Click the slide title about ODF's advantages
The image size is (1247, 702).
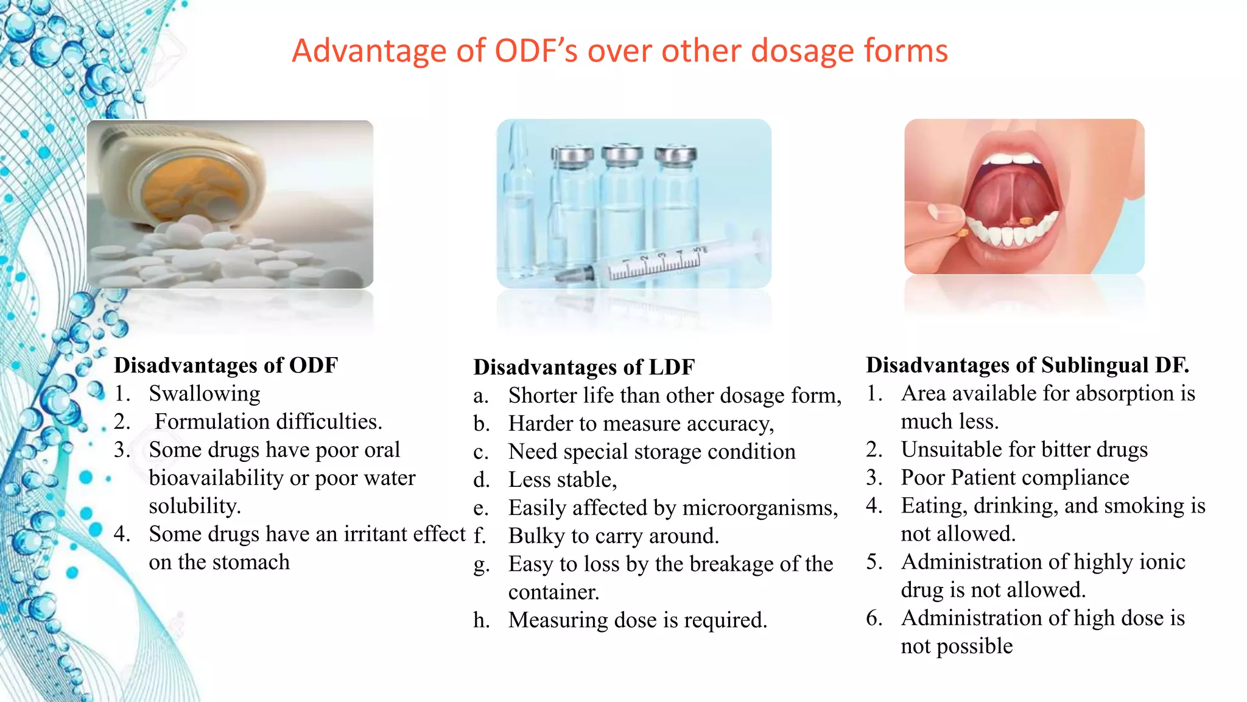click(619, 51)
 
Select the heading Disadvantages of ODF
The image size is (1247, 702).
click(225, 365)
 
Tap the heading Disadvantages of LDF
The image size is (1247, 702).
click(583, 367)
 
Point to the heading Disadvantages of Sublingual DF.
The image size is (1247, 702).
click(1027, 365)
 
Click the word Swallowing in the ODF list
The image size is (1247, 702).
click(205, 394)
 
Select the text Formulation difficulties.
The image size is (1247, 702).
click(268, 422)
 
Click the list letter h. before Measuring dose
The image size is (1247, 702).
click(481, 620)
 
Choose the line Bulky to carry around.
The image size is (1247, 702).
click(613, 536)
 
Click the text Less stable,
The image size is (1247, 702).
click(562, 480)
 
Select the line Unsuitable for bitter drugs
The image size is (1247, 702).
click(1024, 450)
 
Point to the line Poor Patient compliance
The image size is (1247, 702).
click(1015, 478)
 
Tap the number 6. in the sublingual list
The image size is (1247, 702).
click(874, 618)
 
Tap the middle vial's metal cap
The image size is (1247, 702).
click(622, 155)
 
